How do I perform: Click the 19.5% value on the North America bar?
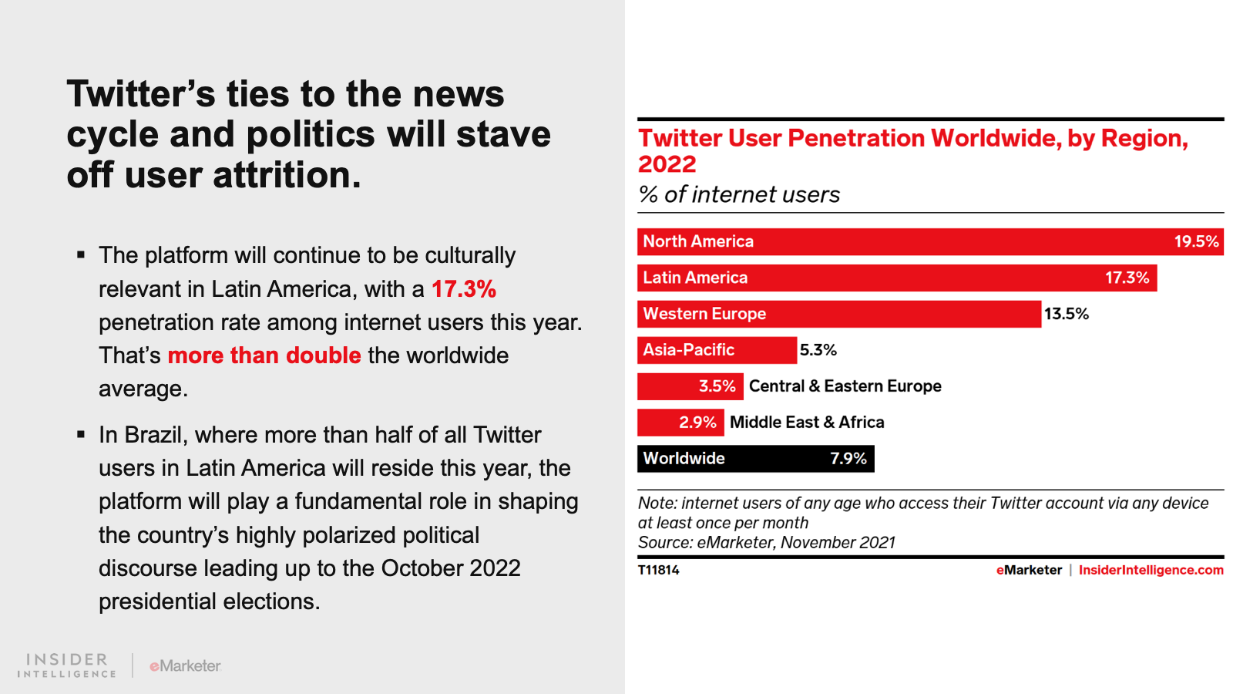[1196, 241]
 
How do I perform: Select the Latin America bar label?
[695, 278]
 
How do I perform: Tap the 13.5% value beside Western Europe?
[1067, 314]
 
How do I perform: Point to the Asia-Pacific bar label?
[688, 350]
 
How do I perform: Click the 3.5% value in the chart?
[717, 386]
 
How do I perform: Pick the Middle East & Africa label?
[807, 423]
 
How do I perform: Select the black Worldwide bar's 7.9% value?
[848, 459]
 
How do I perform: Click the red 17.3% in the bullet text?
[464, 289]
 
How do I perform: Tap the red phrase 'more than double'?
[264, 355]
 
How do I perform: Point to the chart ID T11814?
[659, 571]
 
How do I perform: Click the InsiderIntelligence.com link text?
[1151, 571]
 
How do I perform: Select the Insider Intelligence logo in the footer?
[67, 665]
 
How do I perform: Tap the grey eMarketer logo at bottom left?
[185, 665]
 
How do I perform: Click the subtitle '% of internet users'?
[739, 195]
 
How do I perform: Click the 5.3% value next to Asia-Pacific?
[818, 350]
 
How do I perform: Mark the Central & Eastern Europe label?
[845, 386]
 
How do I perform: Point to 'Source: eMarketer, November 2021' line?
[766, 543]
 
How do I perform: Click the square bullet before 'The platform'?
[81, 254]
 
